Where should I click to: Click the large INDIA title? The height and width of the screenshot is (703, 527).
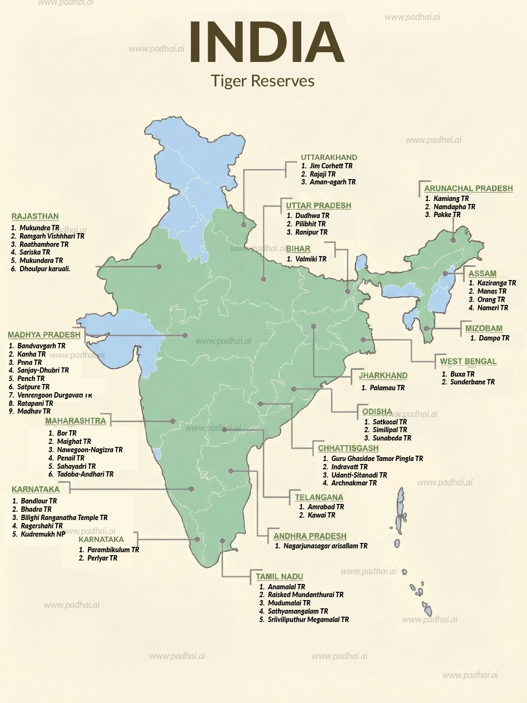click(x=266, y=42)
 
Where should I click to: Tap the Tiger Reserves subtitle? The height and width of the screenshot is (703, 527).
click(x=262, y=80)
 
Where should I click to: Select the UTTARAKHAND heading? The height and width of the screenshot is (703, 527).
click(x=329, y=158)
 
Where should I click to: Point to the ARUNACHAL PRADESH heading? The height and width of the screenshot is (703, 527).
click(x=468, y=188)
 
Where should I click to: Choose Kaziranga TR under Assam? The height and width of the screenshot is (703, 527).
click(x=496, y=283)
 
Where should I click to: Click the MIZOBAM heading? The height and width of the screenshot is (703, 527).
click(x=483, y=328)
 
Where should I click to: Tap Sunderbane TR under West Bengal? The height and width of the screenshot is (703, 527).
click(x=472, y=382)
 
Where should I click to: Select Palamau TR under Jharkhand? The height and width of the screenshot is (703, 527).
click(x=387, y=388)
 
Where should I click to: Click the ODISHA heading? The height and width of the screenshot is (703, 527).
click(x=377, y=411)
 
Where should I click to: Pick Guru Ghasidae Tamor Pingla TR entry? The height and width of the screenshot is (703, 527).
click(x=376, y=459)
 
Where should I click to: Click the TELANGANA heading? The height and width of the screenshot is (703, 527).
click(x=319, y=497)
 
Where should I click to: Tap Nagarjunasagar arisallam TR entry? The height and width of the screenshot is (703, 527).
click(x=325, y=546)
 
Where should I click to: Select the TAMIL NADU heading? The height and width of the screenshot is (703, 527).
click(x=279, y=577)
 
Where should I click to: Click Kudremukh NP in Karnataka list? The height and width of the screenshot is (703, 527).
click(x=43, y=534)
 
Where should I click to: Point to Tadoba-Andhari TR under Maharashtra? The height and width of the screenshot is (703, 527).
click(x=85, y=474)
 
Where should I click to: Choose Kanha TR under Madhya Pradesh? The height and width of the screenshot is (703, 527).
click(x=31, y=354)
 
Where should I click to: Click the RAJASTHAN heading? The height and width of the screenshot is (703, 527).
click(x=35, y=217)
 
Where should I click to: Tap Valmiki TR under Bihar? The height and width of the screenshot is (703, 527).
click(x=311, y=259)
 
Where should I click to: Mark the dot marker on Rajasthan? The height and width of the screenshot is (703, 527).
click(x=159, y=266)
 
